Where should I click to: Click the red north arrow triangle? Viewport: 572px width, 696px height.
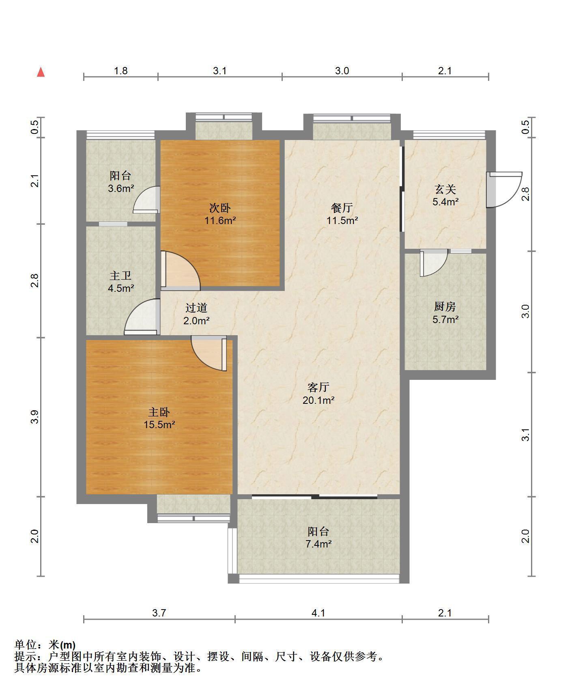[x=41, y=72]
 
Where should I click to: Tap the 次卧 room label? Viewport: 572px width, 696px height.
[x=220, y=208]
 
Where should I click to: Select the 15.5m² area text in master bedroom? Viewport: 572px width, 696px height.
[x=159, y=425]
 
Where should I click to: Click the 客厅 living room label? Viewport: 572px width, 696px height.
[x=318, y=388]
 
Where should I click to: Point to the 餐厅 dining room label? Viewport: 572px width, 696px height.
[x=342, y=208]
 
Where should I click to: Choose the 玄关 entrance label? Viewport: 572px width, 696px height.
[x=445, y=189]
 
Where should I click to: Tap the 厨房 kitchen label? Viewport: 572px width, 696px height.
[x=445, y=307]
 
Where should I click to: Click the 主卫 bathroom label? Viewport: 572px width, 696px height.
[x=120, y=276]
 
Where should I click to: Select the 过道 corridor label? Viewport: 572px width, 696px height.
[x=196, y=308]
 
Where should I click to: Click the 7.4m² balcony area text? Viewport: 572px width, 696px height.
[x=318, y=544]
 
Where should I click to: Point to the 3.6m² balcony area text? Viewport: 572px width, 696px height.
[x=121, y=189]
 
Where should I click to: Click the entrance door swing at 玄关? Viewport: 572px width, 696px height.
[x=504, y=190]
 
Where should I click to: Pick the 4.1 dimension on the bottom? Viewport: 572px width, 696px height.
[x=318, y=613]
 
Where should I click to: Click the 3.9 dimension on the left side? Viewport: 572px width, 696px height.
[x=35, y=417]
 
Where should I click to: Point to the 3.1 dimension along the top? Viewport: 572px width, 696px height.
[x=220, y=71]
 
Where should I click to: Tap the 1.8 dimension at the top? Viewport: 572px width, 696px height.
[x=121, y=71]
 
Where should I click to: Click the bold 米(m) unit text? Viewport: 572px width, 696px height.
[x=62, y=645]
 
